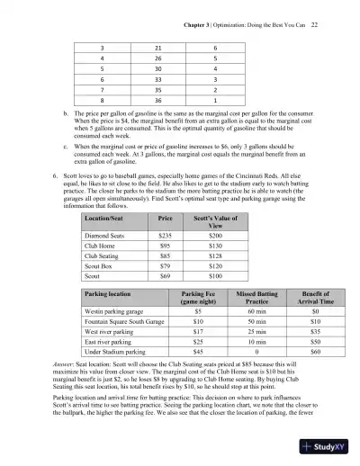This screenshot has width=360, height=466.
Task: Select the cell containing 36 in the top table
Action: [157, 103]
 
